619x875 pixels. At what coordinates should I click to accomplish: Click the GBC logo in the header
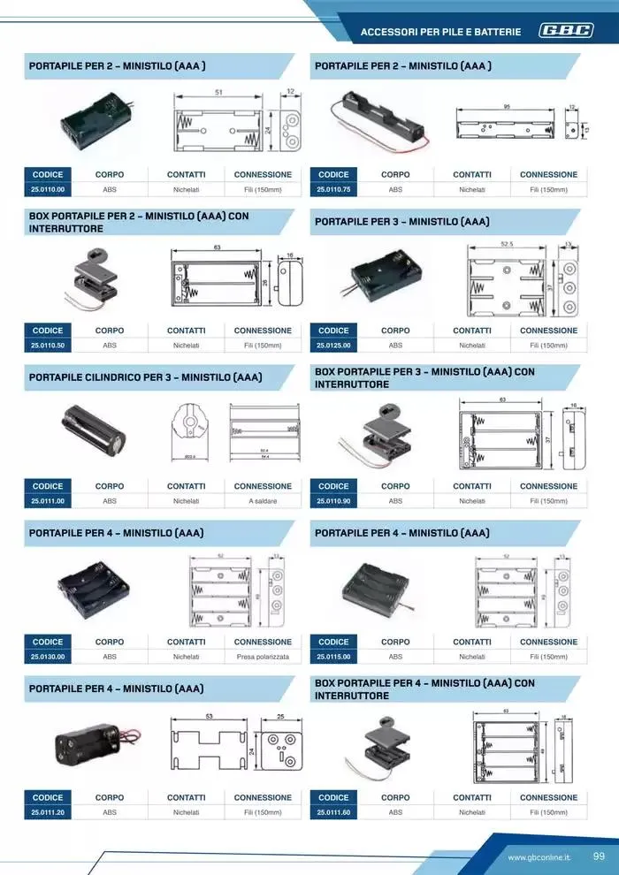point(566,32)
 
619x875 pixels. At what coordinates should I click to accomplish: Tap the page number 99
point(599,856)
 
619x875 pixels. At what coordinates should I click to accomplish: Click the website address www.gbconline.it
point(539,857)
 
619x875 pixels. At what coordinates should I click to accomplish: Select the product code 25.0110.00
point(48,189)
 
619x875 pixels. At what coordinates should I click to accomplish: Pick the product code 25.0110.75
point(333,189)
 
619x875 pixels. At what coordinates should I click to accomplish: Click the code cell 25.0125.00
point(333,346)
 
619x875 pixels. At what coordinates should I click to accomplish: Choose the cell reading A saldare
point(263,501)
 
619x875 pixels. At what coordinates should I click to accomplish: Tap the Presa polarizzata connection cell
point(263,657)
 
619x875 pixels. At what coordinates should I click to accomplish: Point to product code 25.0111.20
point(48,812)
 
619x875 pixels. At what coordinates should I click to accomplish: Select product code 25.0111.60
point(333,812)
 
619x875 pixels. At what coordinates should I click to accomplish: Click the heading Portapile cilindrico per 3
point(146,377)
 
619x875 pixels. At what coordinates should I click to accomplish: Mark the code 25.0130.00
point(48,657)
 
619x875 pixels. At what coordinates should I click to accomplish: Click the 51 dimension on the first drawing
point(218,92)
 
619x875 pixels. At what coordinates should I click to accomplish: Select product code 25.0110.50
point(48,346)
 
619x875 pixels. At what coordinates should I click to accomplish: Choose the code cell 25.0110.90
point(333,501)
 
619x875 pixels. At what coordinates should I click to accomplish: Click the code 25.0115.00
point(333,657)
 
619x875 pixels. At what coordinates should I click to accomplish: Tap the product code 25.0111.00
point(48,501)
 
